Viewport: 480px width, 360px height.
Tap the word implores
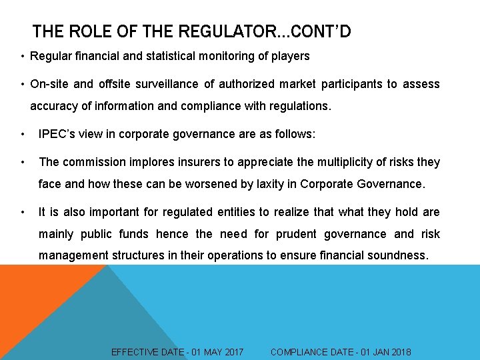147,162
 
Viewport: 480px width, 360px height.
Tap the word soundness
400,255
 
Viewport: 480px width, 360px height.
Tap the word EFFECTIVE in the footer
135,352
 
